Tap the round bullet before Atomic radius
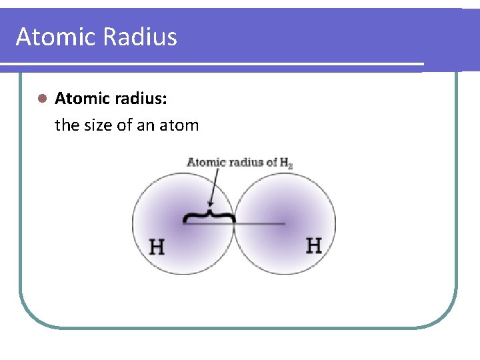pyautogui.click(x=41, y=99)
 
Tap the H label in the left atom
pyautogui.click(x=157, y=247)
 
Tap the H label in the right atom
pyautogui.click(x=313, y=245)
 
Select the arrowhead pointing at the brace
pyautogui.click(x=210, y=204)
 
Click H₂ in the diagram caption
pyautogui.click(x=286, y=163)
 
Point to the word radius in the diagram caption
pyautogui.click(x=243, y=162)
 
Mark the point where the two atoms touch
pyautogui.click(x=234, y=224)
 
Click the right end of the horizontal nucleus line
pyautogui.click(x=284, y=224)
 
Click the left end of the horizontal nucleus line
pyautogui.click(x=184, y=224)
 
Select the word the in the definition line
pyautogui.click(x=67, y=125)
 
